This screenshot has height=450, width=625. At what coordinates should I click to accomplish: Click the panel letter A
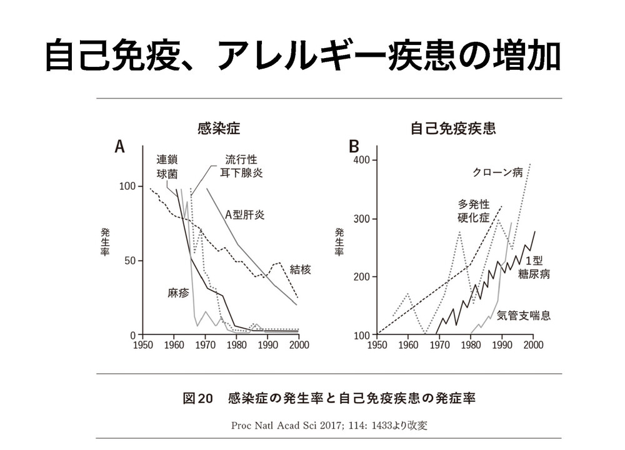[x=119, y=147]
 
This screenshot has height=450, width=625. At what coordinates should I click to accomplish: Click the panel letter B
[x=354, y=147]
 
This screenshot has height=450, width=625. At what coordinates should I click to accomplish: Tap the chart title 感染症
[x=218, y=129]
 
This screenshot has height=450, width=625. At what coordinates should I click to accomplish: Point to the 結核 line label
[x=300, y=270]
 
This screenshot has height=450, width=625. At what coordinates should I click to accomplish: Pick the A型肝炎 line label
[x=245, y=215]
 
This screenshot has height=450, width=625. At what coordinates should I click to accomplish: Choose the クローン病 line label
[x=497, y=173]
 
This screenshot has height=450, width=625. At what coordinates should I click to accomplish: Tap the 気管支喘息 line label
[x=524, y=316]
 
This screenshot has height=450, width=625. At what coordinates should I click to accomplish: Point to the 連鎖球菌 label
[x=167, y=165]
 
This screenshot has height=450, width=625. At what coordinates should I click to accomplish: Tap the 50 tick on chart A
[x=129, y=260]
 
